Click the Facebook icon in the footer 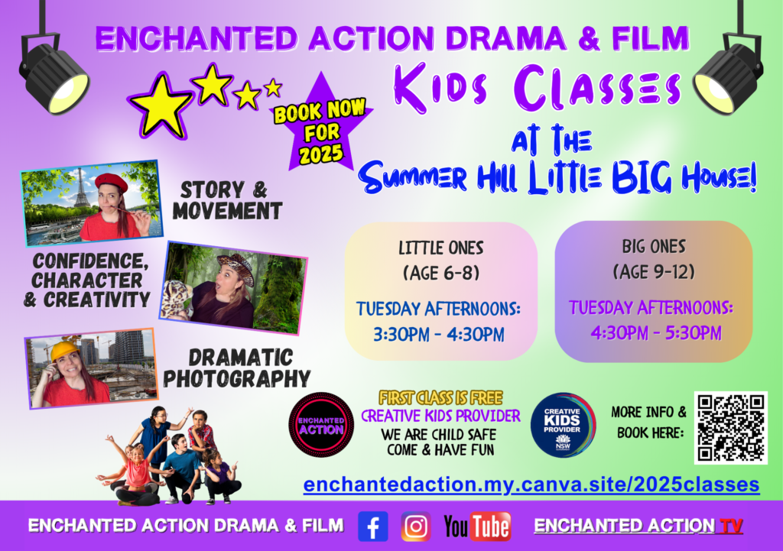click(373, 527)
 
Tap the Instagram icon click(415, 527)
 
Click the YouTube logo click(477, 527)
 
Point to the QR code click(730, 428)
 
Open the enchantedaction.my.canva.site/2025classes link click(531, 485)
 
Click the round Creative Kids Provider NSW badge click(563, 425)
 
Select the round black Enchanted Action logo click(321, 425)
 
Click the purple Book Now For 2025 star click(321, 125)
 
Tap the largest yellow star click(161, 105)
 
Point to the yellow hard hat click(66, 349)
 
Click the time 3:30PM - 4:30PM click(439, 335)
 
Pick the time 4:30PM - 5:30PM click(656, 333)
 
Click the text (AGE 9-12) click(654, 272)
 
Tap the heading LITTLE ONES click(441, 248)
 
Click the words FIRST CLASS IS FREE click(440, 398)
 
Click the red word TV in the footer click(730, 526)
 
